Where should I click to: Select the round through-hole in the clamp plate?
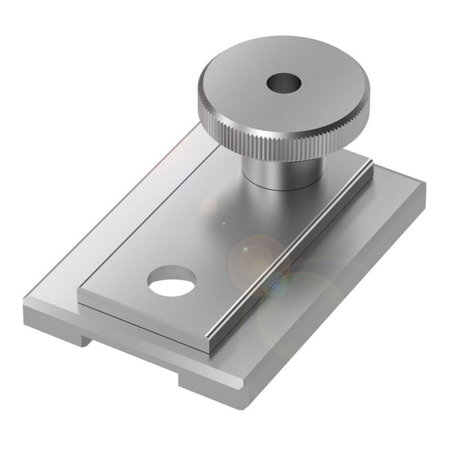(171, 282)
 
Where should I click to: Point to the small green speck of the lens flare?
(223, 223)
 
